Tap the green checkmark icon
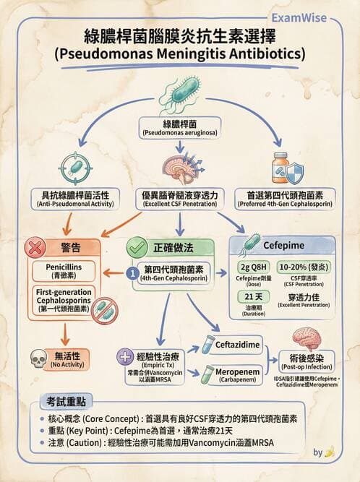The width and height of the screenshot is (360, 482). (137, 247)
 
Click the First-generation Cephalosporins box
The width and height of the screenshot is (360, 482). (63, 298)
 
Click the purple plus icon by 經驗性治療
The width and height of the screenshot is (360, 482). (124, 356)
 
